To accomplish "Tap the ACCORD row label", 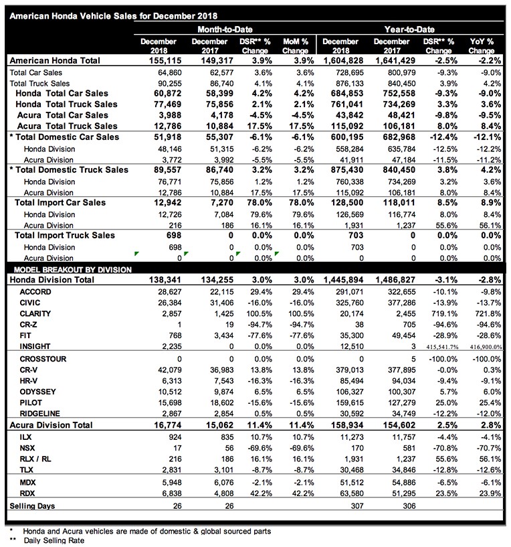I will click(36, 293).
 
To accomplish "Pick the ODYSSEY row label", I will click(37, 390).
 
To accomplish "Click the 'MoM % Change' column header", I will click(295, 46).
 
